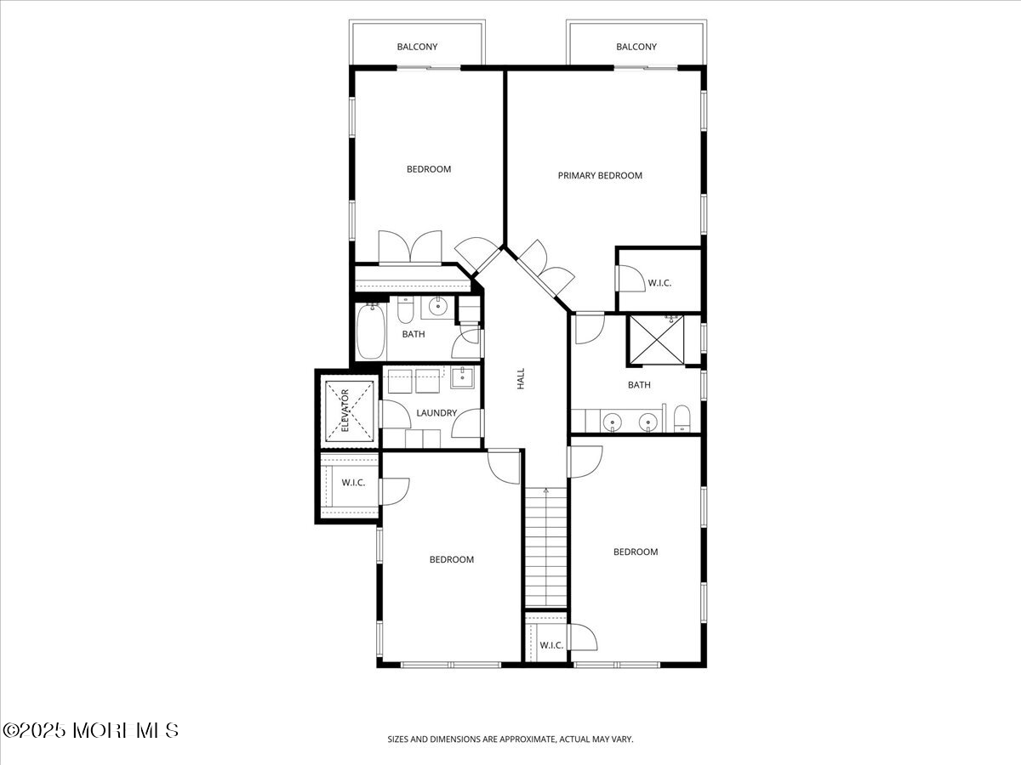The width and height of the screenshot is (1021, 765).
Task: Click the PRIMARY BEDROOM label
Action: click(600, 176)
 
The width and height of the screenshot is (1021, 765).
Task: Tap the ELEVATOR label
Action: click(345, 411)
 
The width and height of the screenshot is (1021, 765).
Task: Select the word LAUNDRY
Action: click(436, 413)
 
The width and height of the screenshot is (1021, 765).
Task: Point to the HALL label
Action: click(521, 378)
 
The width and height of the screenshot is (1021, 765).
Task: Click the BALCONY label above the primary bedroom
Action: click(636, 47)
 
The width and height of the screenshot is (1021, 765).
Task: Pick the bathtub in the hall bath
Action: click(371, 331)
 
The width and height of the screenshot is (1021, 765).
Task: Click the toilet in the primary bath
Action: click(682, 418)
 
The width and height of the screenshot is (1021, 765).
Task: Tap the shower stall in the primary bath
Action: click(656, 339)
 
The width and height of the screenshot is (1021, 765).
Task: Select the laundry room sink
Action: click(462, 377)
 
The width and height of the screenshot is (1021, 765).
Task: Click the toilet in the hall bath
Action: click(406, 309)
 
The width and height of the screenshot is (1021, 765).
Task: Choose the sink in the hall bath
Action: click(437, 307)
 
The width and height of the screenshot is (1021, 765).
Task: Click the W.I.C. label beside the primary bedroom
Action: click(659, 283)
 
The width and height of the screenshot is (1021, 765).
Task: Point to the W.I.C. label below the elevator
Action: click(353, 483)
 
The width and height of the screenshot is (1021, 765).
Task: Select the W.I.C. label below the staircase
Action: click(551, 645)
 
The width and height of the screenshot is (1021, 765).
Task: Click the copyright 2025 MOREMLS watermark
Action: click(91, 731)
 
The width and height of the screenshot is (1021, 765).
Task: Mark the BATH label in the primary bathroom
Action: click(639, 385)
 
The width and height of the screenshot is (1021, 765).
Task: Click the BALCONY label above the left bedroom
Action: click(417, 47)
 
